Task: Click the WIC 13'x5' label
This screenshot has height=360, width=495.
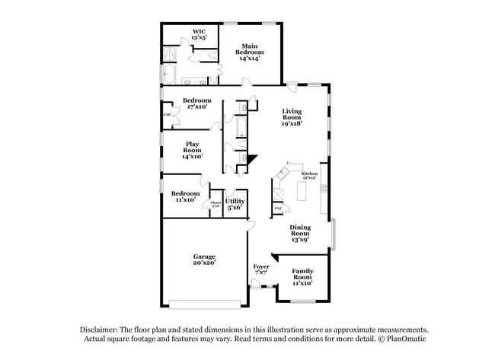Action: click(x=199, y=34)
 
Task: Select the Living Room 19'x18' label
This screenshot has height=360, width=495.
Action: click(x=292, y=117)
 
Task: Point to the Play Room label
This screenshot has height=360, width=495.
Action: click(x=192, y=150)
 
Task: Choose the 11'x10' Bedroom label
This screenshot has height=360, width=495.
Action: click(x=185, y=196)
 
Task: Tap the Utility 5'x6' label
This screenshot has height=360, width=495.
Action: click(x=235, y=204)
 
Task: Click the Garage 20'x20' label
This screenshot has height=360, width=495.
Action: click(x=204, y=260)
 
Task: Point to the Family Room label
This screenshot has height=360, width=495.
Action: click(x=303, y=277)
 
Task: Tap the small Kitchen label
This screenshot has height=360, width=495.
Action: click(x=309, y=177)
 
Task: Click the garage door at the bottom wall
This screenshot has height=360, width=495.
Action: click(x=204, y=304)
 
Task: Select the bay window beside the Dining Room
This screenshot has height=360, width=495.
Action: click(x=335, y=233)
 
